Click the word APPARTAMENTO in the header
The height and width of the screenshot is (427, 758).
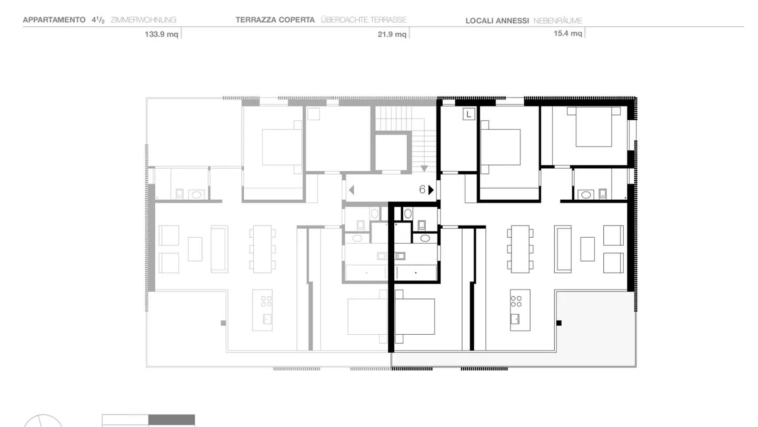(54, 20)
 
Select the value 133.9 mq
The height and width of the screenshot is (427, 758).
(162, 34)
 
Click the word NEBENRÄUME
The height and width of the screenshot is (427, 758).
(557, 21)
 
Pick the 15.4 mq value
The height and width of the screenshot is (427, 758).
(568, 34)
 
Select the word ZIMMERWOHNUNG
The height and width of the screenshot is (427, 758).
(143, 20)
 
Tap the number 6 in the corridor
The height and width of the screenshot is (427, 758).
(422, 190)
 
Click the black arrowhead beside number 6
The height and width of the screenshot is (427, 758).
(431, 190)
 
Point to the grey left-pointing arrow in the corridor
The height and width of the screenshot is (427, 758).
(351, 190)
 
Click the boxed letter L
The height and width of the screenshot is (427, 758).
(468, 114)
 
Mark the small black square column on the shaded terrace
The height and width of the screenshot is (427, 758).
(559, 323)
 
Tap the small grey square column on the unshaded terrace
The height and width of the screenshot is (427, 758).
(223, 323)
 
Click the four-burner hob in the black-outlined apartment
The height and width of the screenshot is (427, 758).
(516, 301)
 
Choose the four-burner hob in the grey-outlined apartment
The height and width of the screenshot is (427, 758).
(266, 301)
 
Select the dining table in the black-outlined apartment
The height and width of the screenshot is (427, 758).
(520, 249)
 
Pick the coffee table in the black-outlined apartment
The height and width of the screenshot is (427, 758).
(587, 249)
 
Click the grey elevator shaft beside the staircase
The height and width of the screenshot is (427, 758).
(391, 152)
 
